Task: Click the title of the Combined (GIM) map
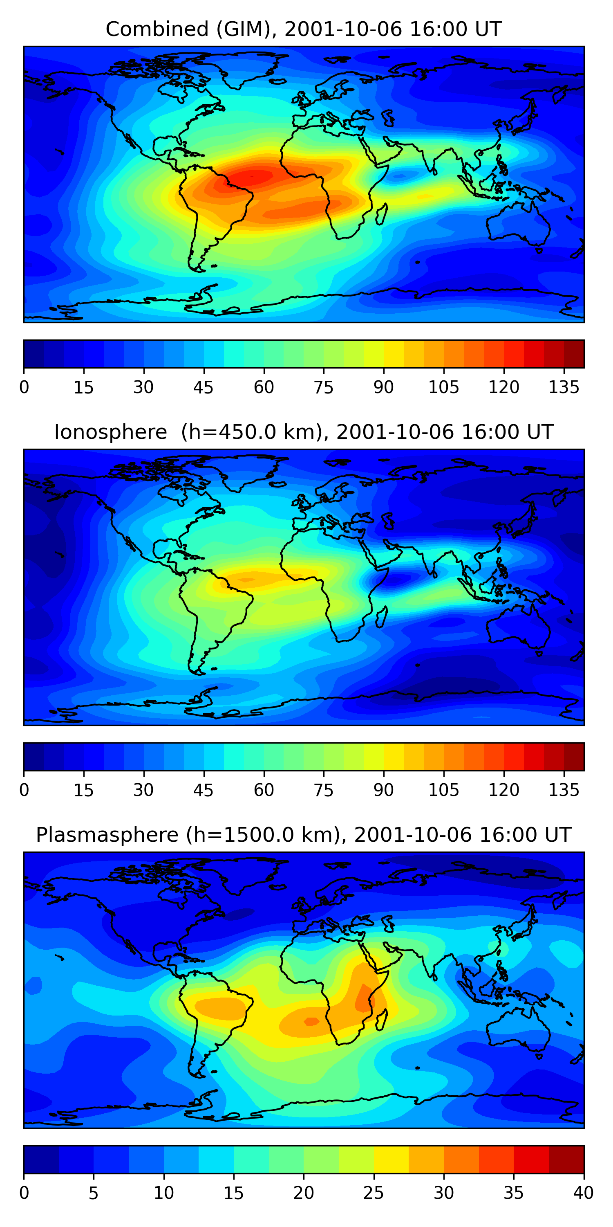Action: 303,29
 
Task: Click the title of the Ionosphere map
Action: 303,432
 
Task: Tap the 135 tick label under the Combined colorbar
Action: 564,387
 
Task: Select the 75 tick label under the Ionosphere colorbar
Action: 323,790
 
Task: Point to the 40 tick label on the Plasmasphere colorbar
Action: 583,1193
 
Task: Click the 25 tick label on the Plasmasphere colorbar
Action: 373,1193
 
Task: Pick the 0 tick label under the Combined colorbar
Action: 24,387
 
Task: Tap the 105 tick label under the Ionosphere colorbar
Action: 443,790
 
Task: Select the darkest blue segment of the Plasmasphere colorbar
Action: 41,1160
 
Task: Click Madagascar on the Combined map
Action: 381,215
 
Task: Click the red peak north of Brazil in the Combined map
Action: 255,177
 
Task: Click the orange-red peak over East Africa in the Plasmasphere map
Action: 364,996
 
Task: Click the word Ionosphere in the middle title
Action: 110,432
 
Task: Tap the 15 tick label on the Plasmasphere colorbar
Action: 233,1193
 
